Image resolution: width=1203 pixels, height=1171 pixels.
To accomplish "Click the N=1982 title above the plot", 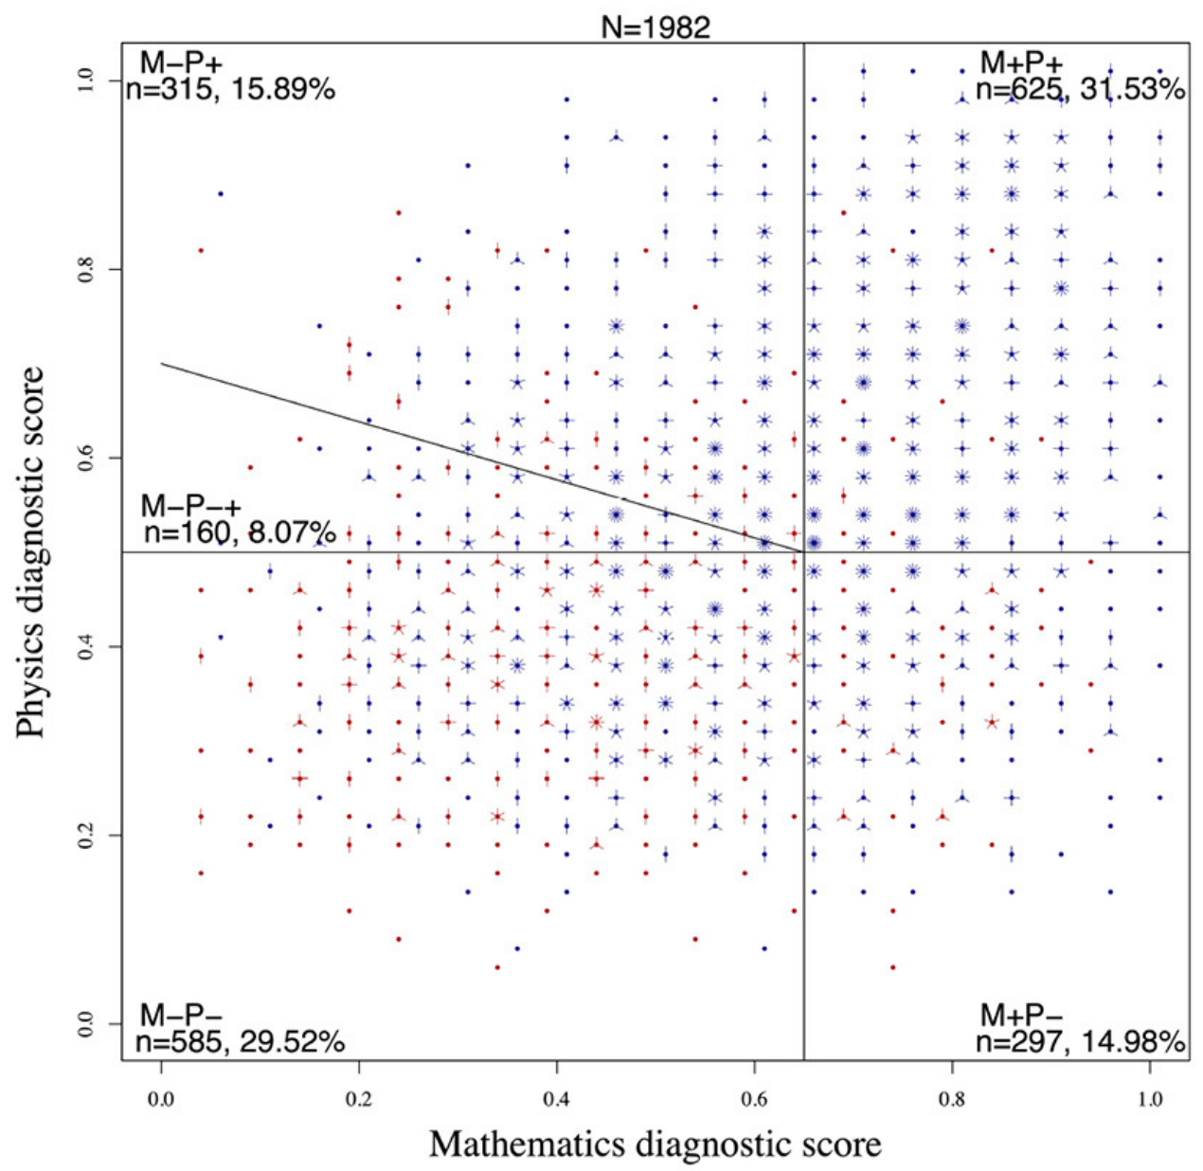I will (x=655, y=27).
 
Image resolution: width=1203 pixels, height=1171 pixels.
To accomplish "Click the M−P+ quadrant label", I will (x=182, y=63).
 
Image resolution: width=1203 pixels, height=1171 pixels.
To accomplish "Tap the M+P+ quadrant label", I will (x=1021, y=63).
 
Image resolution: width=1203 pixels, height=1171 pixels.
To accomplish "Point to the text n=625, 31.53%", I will (x=1080, y=90).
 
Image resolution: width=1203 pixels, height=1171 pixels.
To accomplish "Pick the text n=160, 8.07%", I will (x=241, y=532).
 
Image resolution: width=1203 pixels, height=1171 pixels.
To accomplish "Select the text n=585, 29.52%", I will (x=240, y=1042).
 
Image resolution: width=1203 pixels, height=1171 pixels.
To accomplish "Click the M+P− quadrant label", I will (x=1021, y=1015).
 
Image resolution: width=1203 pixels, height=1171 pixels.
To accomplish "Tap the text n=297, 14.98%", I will (x=1080, y=1042).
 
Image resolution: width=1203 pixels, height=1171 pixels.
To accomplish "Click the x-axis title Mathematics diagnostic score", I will (x=655, y=1144).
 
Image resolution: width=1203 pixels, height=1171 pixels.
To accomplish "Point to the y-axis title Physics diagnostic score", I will (x=31, y=551).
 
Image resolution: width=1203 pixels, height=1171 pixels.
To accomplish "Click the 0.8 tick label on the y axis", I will (x=87, y=270).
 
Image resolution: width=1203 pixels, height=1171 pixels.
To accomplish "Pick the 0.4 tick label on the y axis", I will (x=87, y=647).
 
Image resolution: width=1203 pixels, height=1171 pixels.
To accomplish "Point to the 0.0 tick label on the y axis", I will (x=87, y=1024).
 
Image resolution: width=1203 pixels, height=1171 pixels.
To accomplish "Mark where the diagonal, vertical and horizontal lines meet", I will (x=803, y=551).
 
